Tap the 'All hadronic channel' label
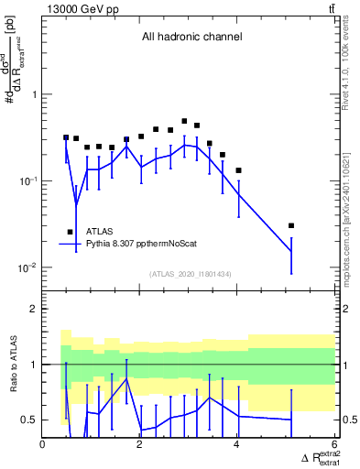[191, 38]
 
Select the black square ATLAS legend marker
[70, 233]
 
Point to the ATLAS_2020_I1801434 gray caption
[190, 274]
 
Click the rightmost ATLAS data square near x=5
[291, 225]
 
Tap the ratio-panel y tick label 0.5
[28, 420]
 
